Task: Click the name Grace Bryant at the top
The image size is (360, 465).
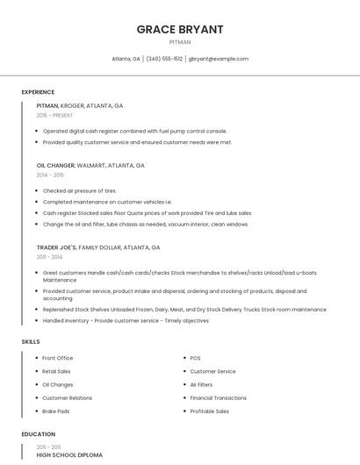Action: click(x=180, y=29)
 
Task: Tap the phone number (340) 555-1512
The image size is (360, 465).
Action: click(x=164, y=59)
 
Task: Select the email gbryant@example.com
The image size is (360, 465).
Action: click(x=219, y=59)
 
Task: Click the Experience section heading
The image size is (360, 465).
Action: click(x=38, y=92)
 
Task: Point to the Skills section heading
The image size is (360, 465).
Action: click(x=30, y=341)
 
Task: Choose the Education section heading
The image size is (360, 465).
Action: click(x=38, y=434)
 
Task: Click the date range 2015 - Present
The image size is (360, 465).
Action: click(x=54, y=115)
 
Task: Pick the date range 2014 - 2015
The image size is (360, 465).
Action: click(x=50, y=175)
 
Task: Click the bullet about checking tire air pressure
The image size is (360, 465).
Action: click(x=80, y=190)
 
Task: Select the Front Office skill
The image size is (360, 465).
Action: click(x=58, y=358)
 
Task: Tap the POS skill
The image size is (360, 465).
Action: click(x=196, y=358)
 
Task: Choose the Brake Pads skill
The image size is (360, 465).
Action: click(x=56, y=411)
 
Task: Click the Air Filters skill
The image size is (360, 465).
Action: click(x=201, y=384)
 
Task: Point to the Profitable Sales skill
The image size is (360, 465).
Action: click(x=210, y=411)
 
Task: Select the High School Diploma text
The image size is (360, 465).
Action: click(x=69, y=455)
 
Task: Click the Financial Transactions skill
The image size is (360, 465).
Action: click(x=219, y=397)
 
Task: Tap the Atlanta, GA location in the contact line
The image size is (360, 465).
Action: click(x=126, y=59)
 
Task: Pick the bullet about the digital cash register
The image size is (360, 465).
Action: click(x=134, y=131)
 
